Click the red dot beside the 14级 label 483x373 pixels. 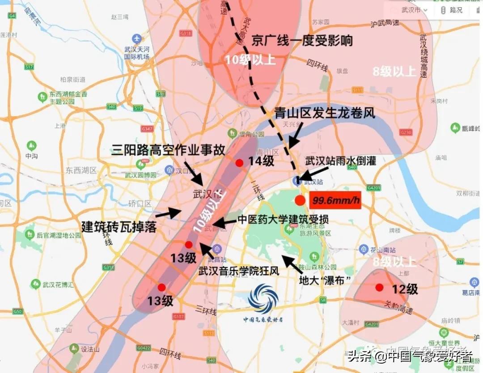[x=239, y=163]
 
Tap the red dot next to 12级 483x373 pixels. [x=379, y=288]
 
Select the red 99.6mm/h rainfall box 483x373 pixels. [x=335, y=200]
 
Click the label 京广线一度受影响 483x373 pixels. [x=302, y=41]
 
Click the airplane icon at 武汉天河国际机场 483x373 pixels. [x=137, y=39]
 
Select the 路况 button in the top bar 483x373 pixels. [x=452, y=10]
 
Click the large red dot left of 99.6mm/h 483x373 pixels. [x=300, y=200]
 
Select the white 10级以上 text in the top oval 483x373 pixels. [x=250, y=60]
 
